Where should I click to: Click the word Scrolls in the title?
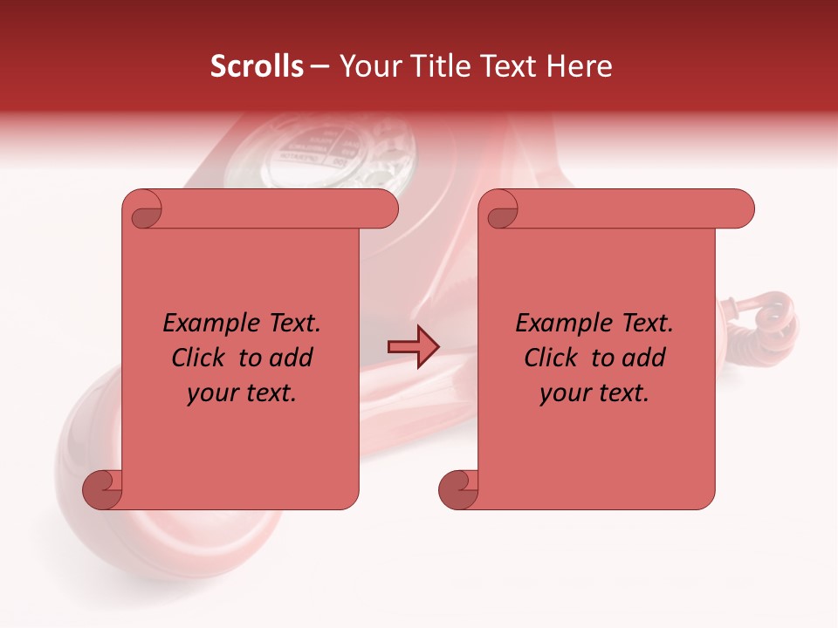257,66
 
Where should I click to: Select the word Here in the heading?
580,66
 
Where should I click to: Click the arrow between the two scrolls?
413,347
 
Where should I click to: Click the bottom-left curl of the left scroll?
103,489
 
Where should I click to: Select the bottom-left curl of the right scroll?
458,489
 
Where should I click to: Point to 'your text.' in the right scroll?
594,393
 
